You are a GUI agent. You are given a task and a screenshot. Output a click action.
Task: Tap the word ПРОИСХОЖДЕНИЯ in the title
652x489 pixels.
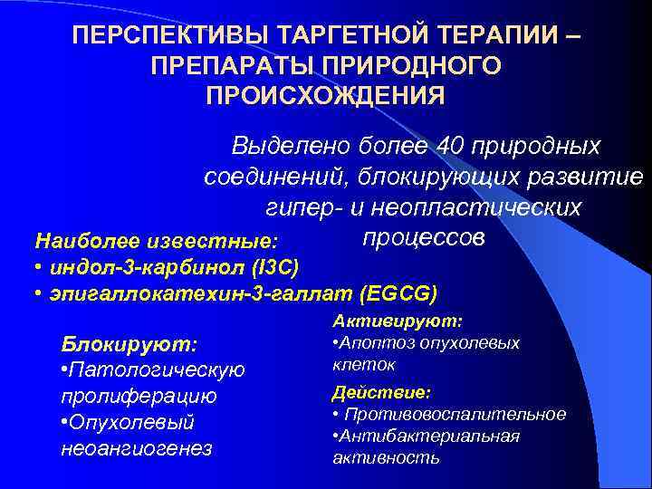click(325, 95)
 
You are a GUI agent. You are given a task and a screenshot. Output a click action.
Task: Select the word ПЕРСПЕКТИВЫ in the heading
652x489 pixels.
click(158, 37)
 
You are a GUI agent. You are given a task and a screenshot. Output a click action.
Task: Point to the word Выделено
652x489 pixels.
click(291, 145)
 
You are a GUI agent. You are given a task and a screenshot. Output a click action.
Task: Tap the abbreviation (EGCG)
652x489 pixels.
click(398, 293)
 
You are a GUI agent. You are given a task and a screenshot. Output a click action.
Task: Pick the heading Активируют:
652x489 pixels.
click(398, 321)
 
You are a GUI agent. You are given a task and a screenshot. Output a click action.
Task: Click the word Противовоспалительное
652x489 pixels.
click(454, 414)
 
